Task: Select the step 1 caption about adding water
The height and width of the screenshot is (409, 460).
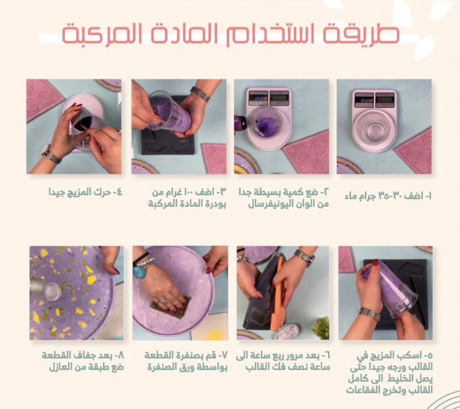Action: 388,196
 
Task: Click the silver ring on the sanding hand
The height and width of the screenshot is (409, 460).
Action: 163,301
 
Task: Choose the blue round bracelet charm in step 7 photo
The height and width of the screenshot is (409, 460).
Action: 139,272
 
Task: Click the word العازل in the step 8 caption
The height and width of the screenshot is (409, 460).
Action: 62,367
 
